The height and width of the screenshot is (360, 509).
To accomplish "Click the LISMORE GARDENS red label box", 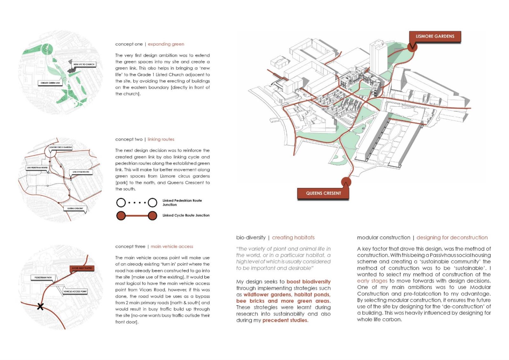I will click(x=435, y=37).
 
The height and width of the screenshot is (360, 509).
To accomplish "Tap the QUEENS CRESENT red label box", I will click(x=323, y=193).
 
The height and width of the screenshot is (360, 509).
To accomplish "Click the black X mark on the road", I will click(x=40, y=307).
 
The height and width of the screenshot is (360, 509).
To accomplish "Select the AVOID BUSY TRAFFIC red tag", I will click(x=82, y=268).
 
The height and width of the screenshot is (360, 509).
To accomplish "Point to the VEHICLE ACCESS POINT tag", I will click(x=75, y=291).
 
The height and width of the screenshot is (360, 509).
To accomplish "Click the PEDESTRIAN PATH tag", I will click(x=43, y=278).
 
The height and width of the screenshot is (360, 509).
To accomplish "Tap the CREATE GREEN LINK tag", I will click(x=50, y=83).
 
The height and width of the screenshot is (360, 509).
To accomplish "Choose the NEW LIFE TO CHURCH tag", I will click(x=84, y=64).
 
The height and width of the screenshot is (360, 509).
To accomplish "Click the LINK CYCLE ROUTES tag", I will click(x=81, y=172).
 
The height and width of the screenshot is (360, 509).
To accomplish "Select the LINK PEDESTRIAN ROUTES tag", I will click(x=38, y=168).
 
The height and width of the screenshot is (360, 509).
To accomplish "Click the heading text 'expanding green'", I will click(x=166, y=44).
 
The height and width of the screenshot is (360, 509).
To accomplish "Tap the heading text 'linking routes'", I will click(x=161, y=139).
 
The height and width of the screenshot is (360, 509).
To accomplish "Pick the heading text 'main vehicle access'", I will click(x=172, y=246).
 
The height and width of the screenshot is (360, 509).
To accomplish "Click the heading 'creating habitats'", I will click(x=293, y=238).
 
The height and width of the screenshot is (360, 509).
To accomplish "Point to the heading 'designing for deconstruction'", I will click(x=452, y=238).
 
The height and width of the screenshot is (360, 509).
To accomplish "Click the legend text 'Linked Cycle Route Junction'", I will click(x=186, y=215).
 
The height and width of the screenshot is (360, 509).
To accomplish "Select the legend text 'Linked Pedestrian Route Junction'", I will click(x=182, y=203).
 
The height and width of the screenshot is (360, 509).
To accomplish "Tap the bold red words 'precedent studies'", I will click(x=285, y=320).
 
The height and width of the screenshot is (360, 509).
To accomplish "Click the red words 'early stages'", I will click(x=372, y=281).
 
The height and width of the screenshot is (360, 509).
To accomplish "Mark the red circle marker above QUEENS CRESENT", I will click(x=346, y=182).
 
